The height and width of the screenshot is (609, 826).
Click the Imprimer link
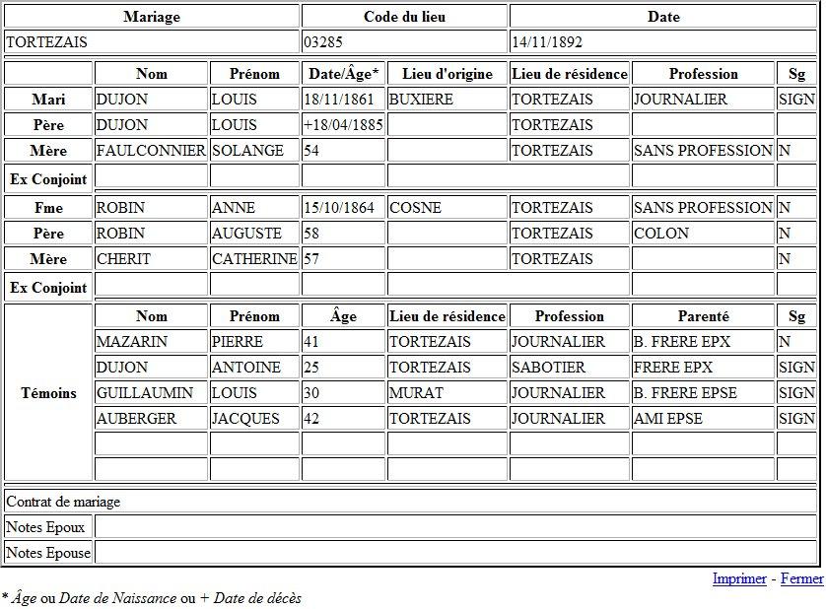tap(738, 578)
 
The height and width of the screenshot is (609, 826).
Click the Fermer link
tap(801, 578)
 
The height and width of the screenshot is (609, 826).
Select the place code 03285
tap(325, 42)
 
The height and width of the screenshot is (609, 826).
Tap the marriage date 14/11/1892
tap(546, 42)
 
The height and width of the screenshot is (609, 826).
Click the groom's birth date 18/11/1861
tap(339, 100)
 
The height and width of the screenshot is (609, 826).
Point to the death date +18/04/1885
tap(342, 125)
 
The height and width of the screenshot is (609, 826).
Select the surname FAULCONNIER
tap(151, 151)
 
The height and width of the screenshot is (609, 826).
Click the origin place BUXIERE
tap(421, 100)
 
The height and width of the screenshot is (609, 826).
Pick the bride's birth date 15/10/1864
tap(339, 208)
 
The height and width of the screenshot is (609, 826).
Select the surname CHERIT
tap(121, 259)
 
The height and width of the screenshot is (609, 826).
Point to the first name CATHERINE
tap(254, 259)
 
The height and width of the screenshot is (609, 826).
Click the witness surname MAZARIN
tap(132, 342)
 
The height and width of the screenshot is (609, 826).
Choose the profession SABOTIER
tap(548, 368)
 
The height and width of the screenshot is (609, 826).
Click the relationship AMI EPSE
tap(668, 419)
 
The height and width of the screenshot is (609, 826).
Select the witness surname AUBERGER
tap(136, 419)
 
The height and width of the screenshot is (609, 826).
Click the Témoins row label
tap(48, 393)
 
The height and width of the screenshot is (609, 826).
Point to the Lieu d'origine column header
tap(447, 74)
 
